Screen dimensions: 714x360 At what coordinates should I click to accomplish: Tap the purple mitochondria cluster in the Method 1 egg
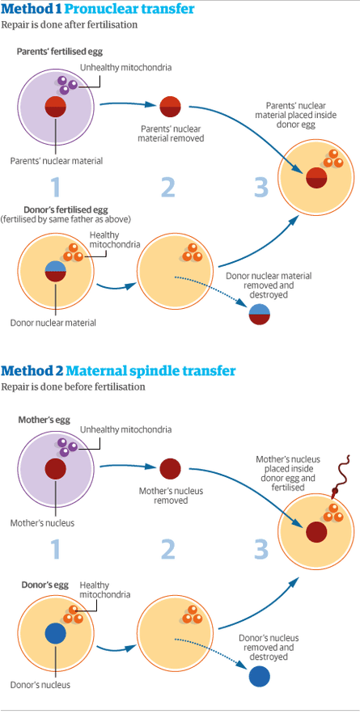[x=65, y=83]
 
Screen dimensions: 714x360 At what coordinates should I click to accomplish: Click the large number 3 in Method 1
[x=260, y=187]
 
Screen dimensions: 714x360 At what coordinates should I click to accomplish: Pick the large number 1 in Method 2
[x=55, y=550]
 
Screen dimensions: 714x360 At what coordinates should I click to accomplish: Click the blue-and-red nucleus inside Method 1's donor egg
[x=55, y=271]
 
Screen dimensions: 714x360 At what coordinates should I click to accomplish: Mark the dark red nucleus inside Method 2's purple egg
[x=55, y=469]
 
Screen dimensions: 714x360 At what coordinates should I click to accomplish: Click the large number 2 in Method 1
[x=167, y=187]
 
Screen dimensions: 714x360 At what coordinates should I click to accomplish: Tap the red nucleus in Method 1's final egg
[x=316, y=177]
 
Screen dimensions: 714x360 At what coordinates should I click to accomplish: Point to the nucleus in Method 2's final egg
[x=316, y=532]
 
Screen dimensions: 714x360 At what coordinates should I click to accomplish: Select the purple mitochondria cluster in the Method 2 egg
[x=65, y=445]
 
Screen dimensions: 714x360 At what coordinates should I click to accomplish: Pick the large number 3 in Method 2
[x=260, y=550]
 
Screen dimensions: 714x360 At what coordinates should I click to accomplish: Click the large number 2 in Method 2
[x=167, y=550]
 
